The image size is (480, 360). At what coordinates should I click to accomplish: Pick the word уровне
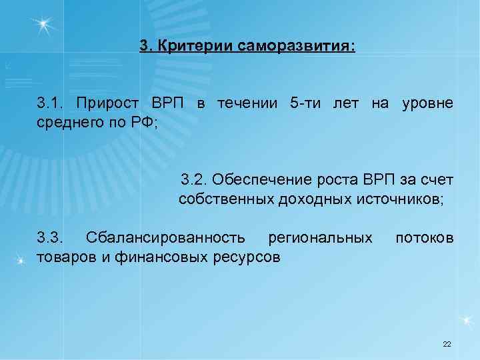point(427,104)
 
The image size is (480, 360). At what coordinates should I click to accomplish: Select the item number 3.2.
point(194,180)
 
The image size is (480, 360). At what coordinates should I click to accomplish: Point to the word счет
point(437,180)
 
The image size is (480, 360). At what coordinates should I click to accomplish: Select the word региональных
point(319,237)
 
